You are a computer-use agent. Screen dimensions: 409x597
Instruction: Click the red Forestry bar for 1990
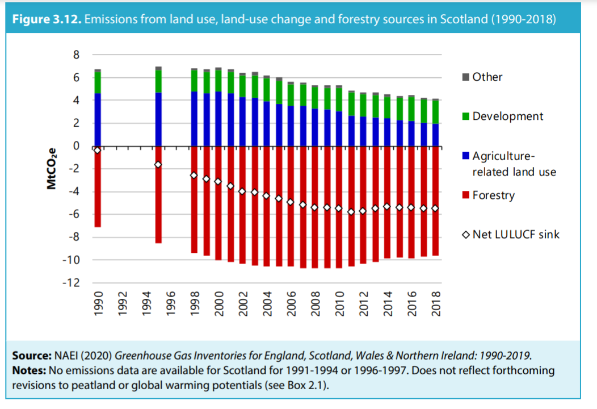[x=98, y=187]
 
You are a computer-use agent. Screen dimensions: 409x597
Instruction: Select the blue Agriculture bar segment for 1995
[x=158, y=119]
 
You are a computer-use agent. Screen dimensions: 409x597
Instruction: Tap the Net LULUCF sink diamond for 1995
[x=158, y=165]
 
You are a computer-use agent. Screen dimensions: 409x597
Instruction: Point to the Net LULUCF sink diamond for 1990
[x=98, y=150]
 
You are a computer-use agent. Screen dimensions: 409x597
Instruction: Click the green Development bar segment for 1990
[x=98, y=82]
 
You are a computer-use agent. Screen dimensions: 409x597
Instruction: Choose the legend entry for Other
[x=481, y=77]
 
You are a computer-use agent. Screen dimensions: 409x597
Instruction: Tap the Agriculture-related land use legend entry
[x=508, y=164]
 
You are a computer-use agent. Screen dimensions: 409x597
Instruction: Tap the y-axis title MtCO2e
[x=52, y=168]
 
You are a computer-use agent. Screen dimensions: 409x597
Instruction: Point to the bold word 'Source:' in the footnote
[x=33, y=356]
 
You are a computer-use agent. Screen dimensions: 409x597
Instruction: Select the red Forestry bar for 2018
[x=436, y=202]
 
